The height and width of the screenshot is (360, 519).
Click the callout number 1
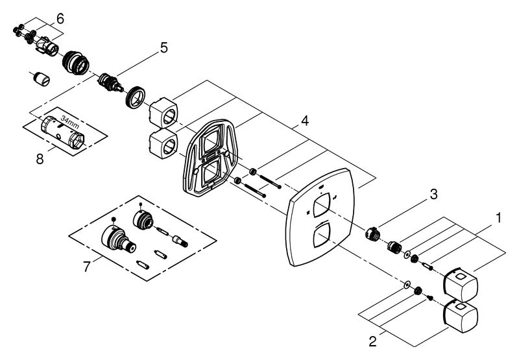(x=498, y=219)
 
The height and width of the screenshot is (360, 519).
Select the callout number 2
(x=372, y=341)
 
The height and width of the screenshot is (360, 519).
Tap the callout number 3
(x=433, y=194)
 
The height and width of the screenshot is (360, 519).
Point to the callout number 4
(x=305, y=121)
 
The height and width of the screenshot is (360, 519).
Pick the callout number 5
(x=164, y=47)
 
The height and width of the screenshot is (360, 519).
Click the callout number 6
(x=60, y=19)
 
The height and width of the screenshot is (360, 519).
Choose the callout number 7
(x=86, y=267)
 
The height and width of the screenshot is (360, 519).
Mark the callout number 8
(x=40, y=159)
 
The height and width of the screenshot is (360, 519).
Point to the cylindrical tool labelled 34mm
(x=62, y=132)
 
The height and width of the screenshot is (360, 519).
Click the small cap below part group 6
(x=42, y=78)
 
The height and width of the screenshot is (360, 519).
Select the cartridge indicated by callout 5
(x=111, y=83)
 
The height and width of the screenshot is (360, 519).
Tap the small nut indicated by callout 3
(x=372, y=233)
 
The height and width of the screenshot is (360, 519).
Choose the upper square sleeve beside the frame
(x=163, y=112)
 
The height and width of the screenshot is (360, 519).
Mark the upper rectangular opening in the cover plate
(x=320, y=204)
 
